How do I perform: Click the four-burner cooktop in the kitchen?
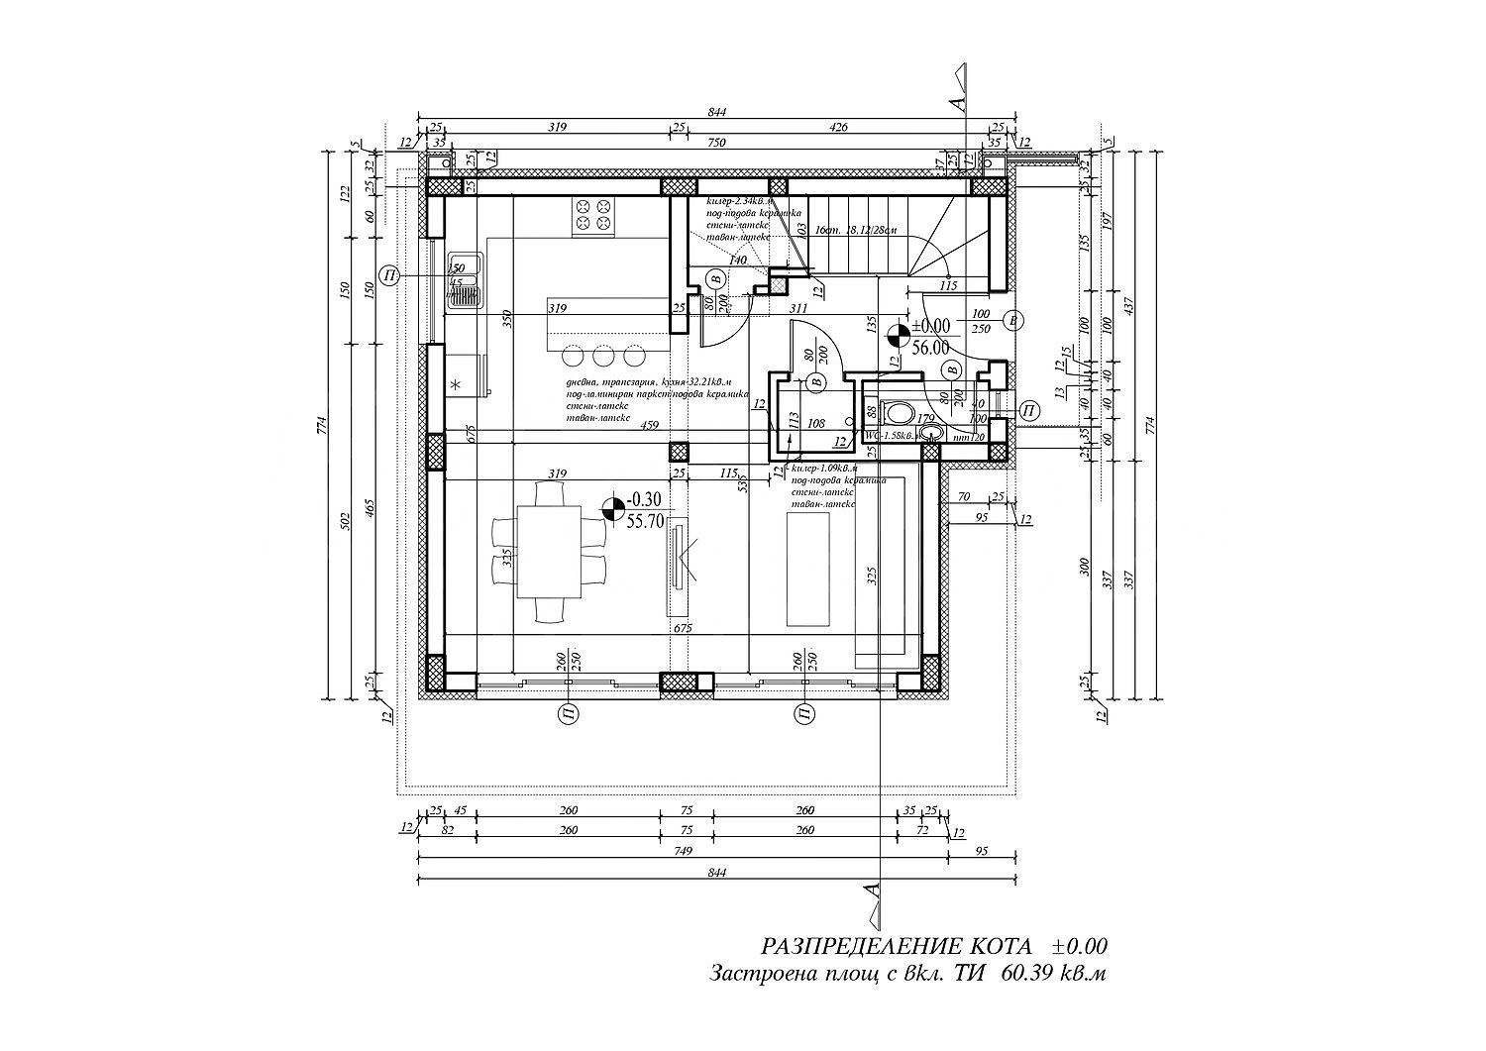(592, 216)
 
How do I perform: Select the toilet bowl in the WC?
(899, 410)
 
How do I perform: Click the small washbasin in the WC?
(930, 431)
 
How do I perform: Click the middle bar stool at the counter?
(603, 354)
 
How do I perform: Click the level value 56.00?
(930, 348)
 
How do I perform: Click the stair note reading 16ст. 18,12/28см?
(856, 230)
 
